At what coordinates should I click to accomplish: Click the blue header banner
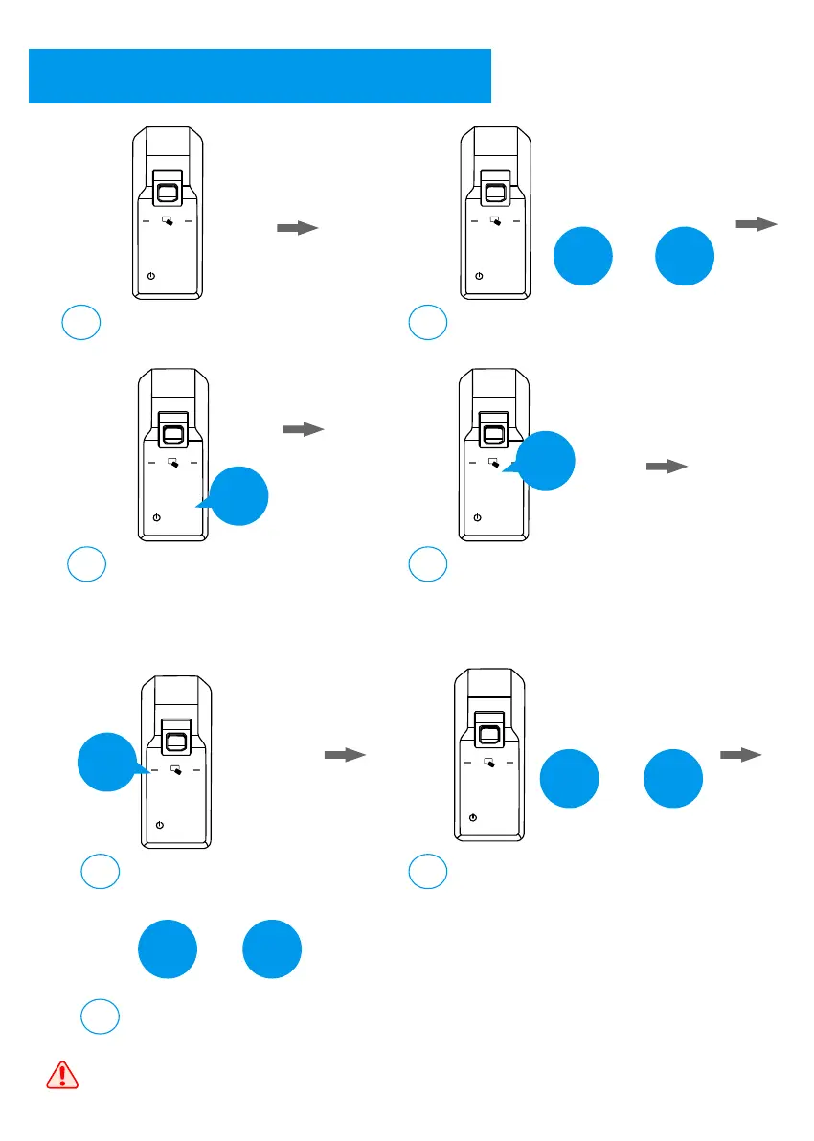(x=260, y=76)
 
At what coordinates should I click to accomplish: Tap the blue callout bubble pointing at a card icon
(x=546, y=461)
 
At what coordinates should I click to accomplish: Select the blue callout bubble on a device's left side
(x=106, y=762)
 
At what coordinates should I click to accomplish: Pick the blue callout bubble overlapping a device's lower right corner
(x=238, y=496)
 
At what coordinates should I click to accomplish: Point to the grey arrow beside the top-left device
(x=297, y=228)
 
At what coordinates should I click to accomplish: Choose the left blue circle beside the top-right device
(x=583, y=256)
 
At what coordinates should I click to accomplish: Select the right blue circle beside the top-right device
(x=685, y=256)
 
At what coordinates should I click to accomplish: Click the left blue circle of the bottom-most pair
(x=169, y=949)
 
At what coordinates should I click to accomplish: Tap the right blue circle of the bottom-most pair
(x=271, y=949)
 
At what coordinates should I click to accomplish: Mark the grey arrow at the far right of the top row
(x=756, y=224)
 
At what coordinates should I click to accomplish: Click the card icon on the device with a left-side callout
(x=176, y=769)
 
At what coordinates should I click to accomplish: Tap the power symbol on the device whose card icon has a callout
(x=478, y=517)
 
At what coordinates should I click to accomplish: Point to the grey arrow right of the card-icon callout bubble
(x=667, y=467)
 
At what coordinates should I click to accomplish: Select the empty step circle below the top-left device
(x=81, y=323)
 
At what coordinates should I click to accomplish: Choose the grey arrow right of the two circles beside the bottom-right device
(x=740, y=755)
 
